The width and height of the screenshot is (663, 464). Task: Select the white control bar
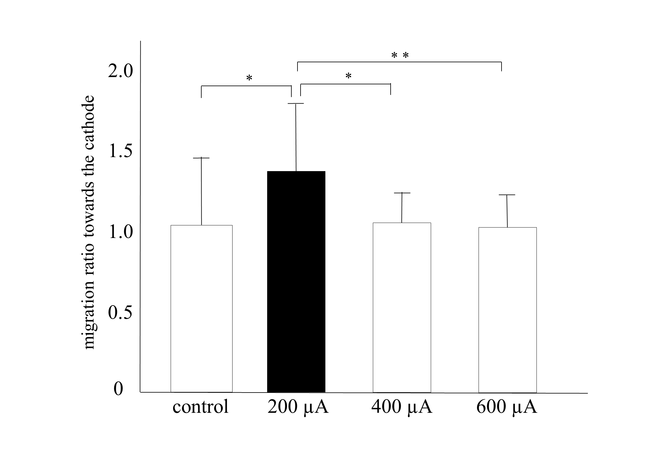201,309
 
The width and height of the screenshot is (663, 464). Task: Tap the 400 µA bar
402,307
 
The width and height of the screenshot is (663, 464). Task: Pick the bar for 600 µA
507,310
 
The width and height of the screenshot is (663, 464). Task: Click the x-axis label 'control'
201,407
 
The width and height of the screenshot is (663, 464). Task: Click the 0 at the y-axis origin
118,389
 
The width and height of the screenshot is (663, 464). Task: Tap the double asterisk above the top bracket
400,56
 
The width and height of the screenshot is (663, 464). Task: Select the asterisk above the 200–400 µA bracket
348,76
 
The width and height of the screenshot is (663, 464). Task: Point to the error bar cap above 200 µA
296,104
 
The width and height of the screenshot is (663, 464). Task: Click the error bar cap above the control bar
201,158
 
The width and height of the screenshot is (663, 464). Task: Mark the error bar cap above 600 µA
507,195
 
